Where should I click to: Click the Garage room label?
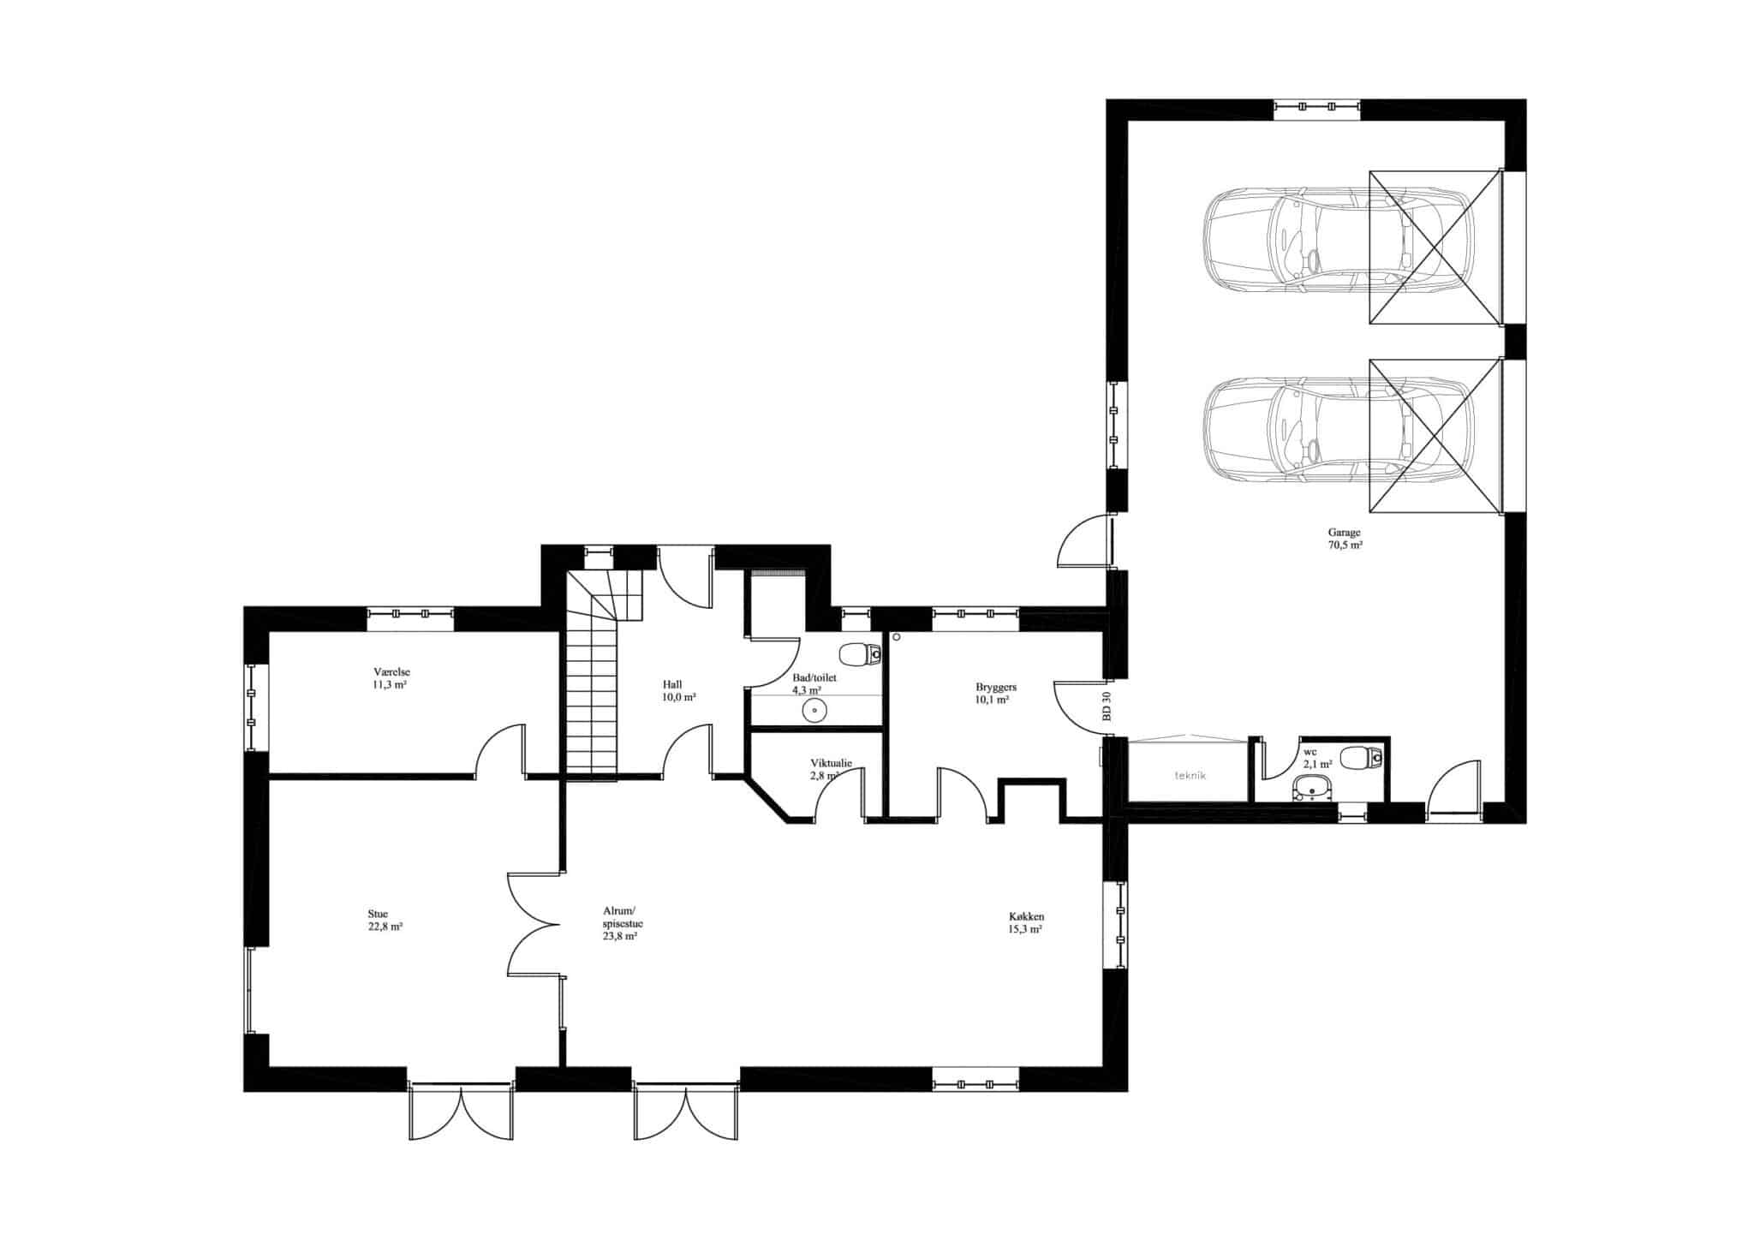coord(1345,533)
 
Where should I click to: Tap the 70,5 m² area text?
coord(1345,545)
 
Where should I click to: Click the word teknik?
coord(1190,775)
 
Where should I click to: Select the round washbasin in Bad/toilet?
coord(814,710)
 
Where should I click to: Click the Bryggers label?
coord(996,687)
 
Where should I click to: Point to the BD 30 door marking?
coord(1107,707)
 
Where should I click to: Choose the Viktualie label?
coord(831,763)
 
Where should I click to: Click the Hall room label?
coord(672,684)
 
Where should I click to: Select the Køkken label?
coord(1026,915)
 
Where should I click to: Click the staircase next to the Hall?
coord(603,674)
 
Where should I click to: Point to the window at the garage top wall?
coord(1316,106)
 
